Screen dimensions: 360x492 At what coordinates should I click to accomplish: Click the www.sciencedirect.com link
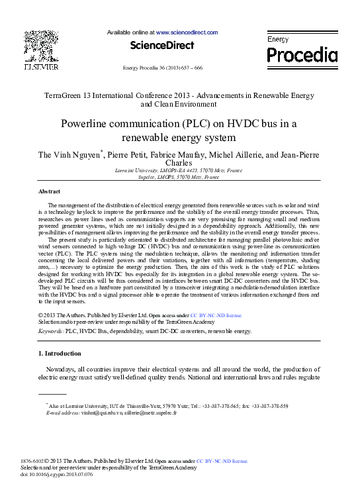(x=187, y=32)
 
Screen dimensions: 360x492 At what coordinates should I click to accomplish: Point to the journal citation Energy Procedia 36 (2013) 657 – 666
(x=163, y=69)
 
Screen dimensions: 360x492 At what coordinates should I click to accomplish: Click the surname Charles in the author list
(x=179, y=163)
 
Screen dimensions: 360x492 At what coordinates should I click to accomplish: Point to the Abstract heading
(x=50, y=191)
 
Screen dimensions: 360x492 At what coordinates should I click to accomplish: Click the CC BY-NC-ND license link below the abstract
(x=216, y=317)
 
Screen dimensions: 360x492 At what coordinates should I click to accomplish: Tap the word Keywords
(x=50, y=330)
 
